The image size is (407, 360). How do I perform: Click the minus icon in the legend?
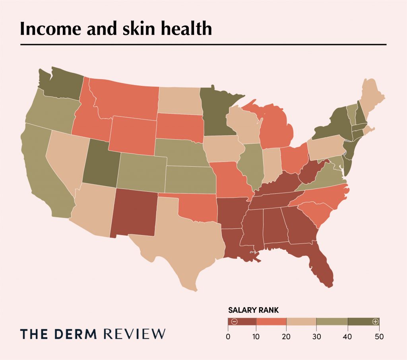tap(234, 321)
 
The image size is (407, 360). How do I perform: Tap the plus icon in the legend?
tap(374, 321)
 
